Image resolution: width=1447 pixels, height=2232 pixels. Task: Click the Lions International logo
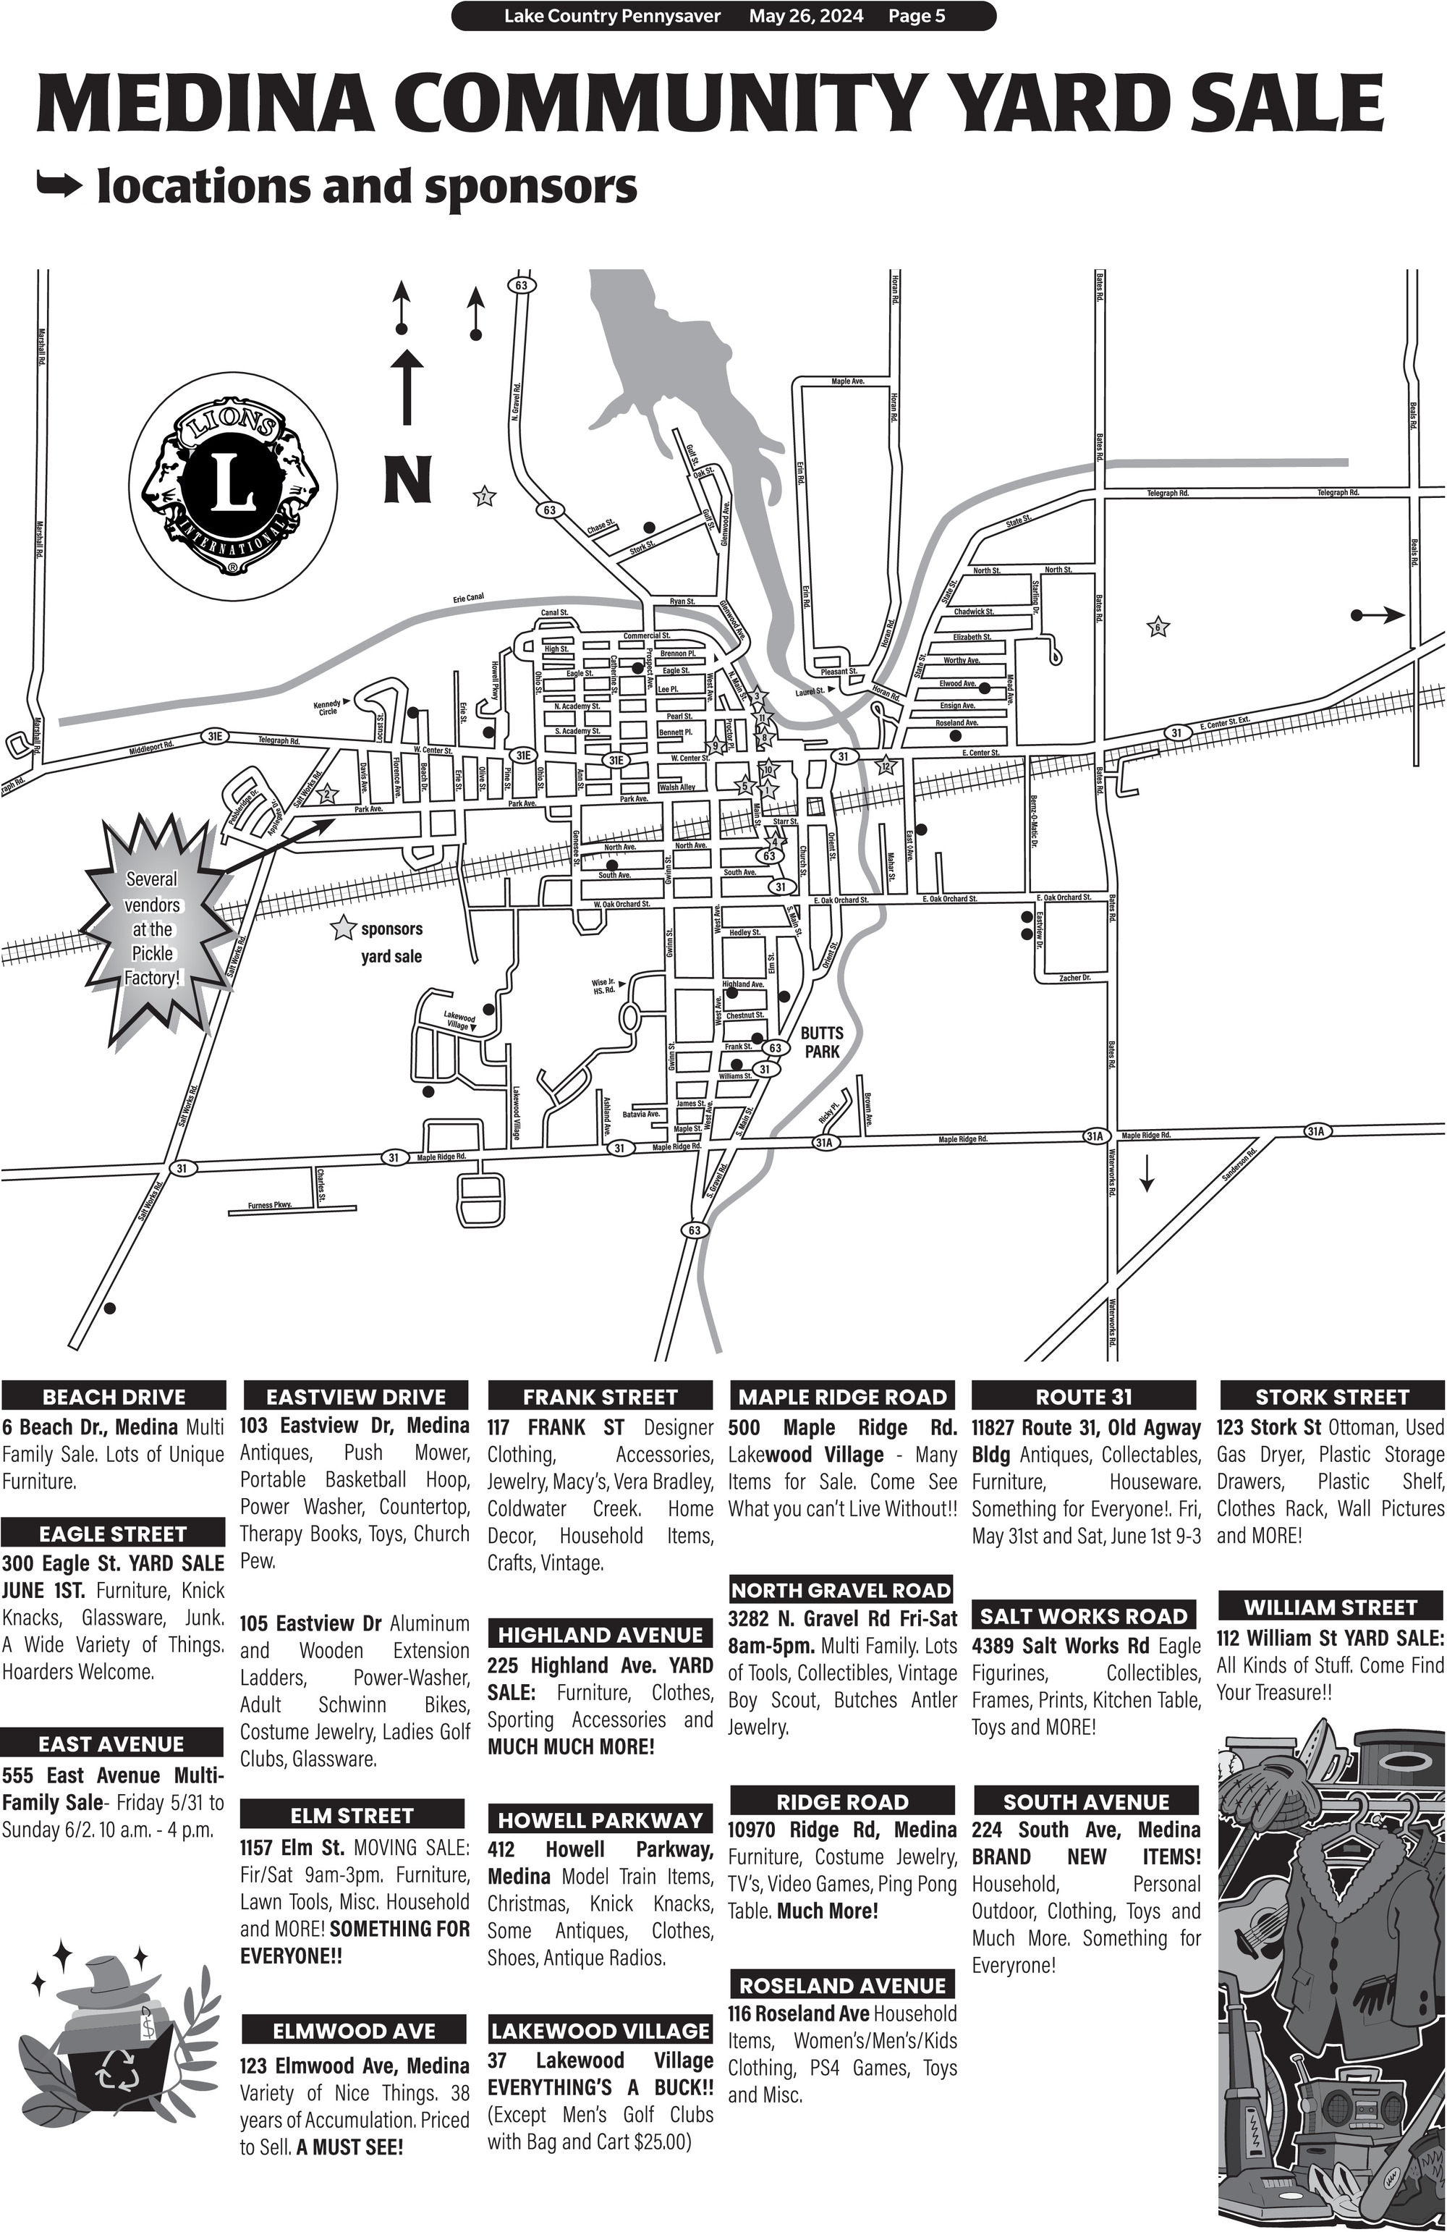point(230,491)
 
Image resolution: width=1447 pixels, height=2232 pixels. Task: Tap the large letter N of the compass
point(407,478)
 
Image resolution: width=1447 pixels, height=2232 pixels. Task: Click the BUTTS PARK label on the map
point(821,1042)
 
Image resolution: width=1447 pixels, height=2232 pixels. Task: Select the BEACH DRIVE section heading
point(114,1396)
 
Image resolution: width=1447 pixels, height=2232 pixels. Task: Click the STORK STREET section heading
point(1332,1396)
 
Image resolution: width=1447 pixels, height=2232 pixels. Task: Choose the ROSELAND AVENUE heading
point(842,1985)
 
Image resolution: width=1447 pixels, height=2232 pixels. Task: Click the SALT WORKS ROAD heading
point(1083,1616)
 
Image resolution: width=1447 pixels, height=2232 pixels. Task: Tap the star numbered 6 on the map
point(1158,627)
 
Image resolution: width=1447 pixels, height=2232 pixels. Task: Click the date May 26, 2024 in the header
point(805,16)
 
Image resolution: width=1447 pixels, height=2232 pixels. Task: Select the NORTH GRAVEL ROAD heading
point(841,1589)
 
